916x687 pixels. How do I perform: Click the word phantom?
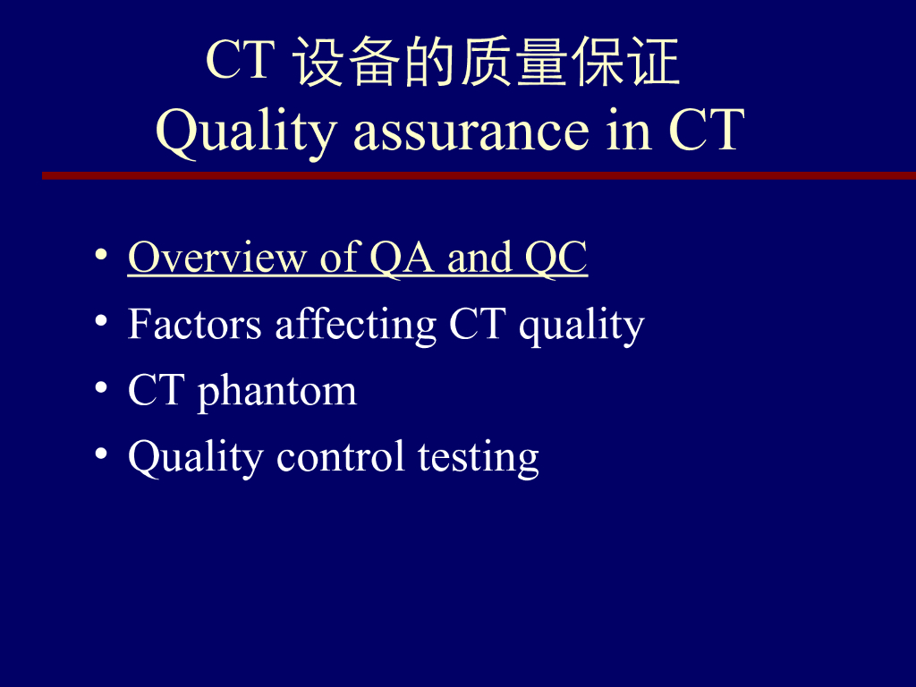point(276,392)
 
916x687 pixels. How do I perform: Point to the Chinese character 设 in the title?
point(320,64)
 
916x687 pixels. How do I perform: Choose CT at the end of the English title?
point(706,131)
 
